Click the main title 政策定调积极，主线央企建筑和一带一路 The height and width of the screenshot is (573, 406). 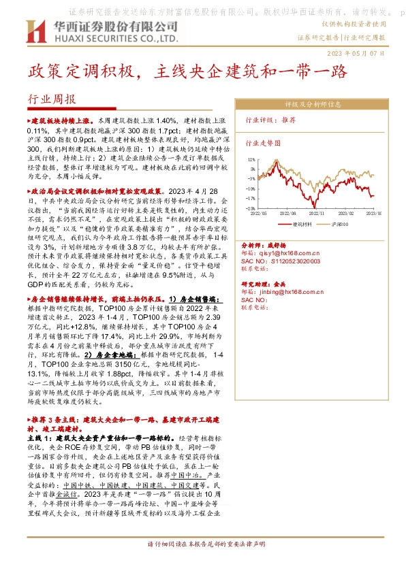[187, 71]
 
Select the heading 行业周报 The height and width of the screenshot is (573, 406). [52, 99]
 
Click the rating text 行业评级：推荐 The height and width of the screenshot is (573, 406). [261, 119]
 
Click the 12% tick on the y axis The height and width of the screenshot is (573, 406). [251, 159]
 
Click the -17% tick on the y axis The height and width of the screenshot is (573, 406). [251, 198]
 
